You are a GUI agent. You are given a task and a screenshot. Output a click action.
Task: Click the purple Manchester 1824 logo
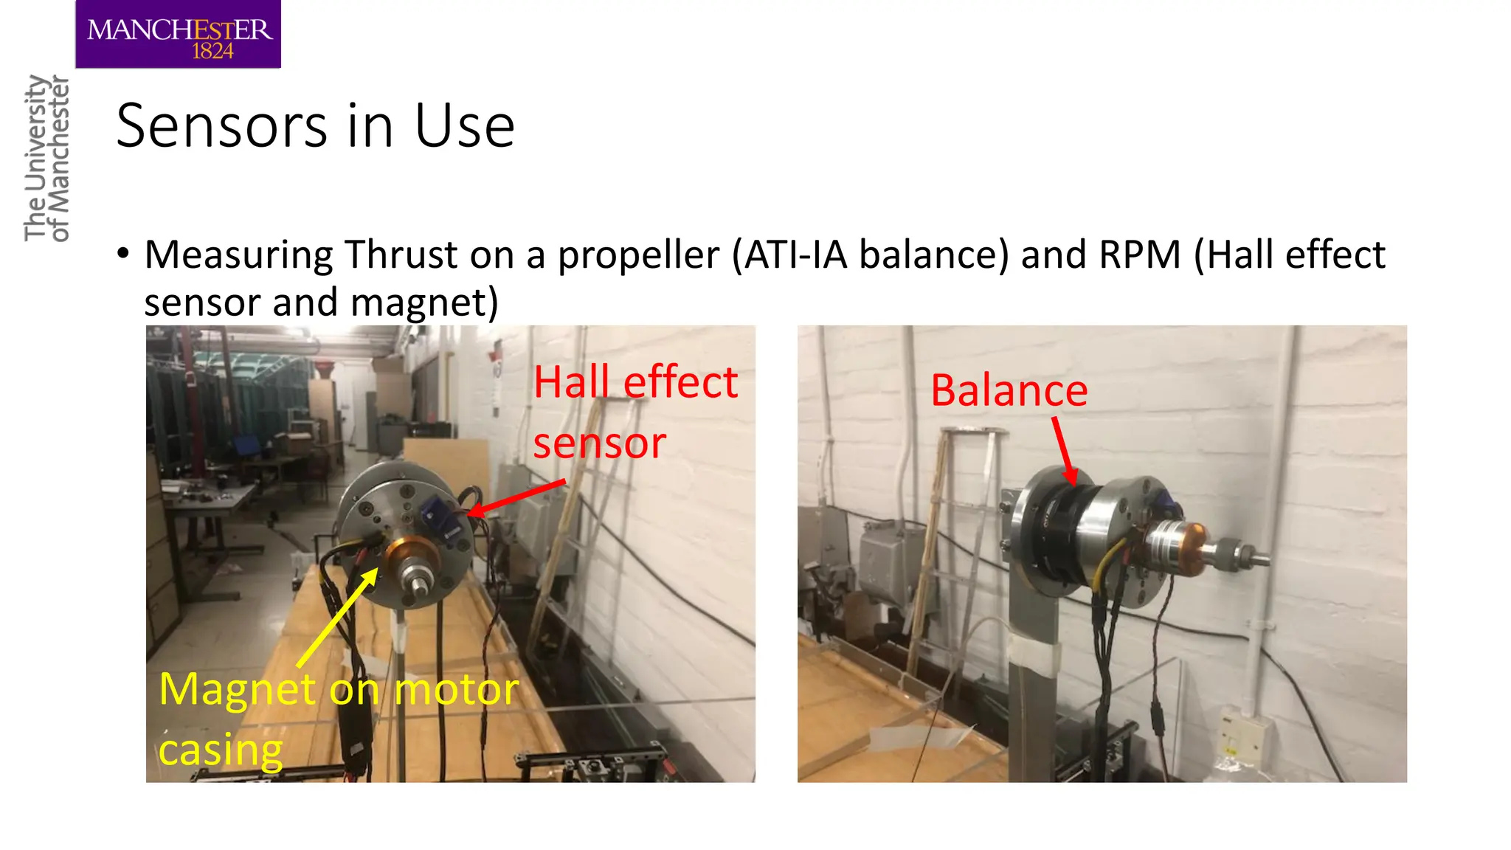pyautogui.click(x=178, y=35)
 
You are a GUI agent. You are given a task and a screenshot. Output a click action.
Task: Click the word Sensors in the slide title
pyautogui.click(x=221, y=126)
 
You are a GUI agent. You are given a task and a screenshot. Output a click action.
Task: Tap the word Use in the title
pyautogui.click(x=464, y=126)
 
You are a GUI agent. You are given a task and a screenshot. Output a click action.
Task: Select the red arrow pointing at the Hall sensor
pyautogui.click(x=516, y=499)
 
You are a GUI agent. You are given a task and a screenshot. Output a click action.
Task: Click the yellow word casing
pyautogui.click(x=220, y=750)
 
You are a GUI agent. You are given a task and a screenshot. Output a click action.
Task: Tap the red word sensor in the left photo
pyautogui.click(x=599, y=443)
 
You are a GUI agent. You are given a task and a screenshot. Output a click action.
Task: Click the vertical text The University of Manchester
pyautogui.click(x=46, y=158)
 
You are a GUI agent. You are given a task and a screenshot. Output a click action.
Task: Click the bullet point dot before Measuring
pyautogui.click(x=123, y=253)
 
